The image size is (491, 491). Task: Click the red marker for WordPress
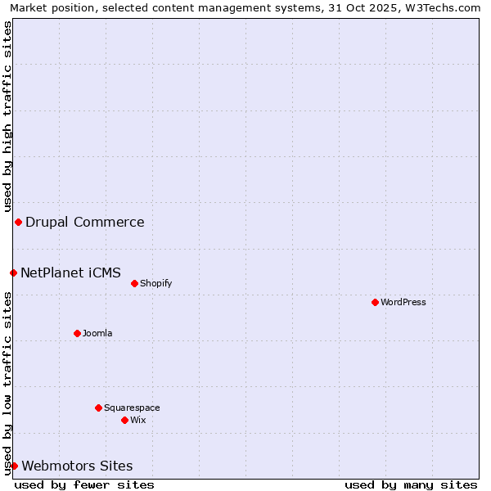click(x=375, y=302)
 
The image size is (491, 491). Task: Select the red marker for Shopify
click(x=134, y=283)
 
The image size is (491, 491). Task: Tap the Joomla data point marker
click(x=77, y=333)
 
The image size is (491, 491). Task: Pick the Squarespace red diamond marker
click(x=98, y=408)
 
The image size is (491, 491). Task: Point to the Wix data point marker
click(x=124, y=420)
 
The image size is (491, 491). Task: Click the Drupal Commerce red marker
click(x=18, y=222)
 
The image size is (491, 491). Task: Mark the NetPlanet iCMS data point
click(x=13, y=273)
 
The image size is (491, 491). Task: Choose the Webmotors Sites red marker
click(x=14, y=466)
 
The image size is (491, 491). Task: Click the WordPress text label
click(x=403, y=302)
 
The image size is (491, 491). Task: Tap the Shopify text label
click(x=155, y=283)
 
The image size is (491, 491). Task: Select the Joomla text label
click(x=97, y=333)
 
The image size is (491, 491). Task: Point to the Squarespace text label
click(x=132, y=408)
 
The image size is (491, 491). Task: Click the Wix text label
click(x=138, y=420)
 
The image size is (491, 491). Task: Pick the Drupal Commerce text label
click(x=85, y=222)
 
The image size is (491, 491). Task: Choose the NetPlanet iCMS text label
click(x=71, y=273)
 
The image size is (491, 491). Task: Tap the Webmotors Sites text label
click(x=77, y=466)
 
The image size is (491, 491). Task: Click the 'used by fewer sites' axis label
click(x=84, y=484)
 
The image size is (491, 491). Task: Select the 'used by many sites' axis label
click(x=411, y=484)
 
